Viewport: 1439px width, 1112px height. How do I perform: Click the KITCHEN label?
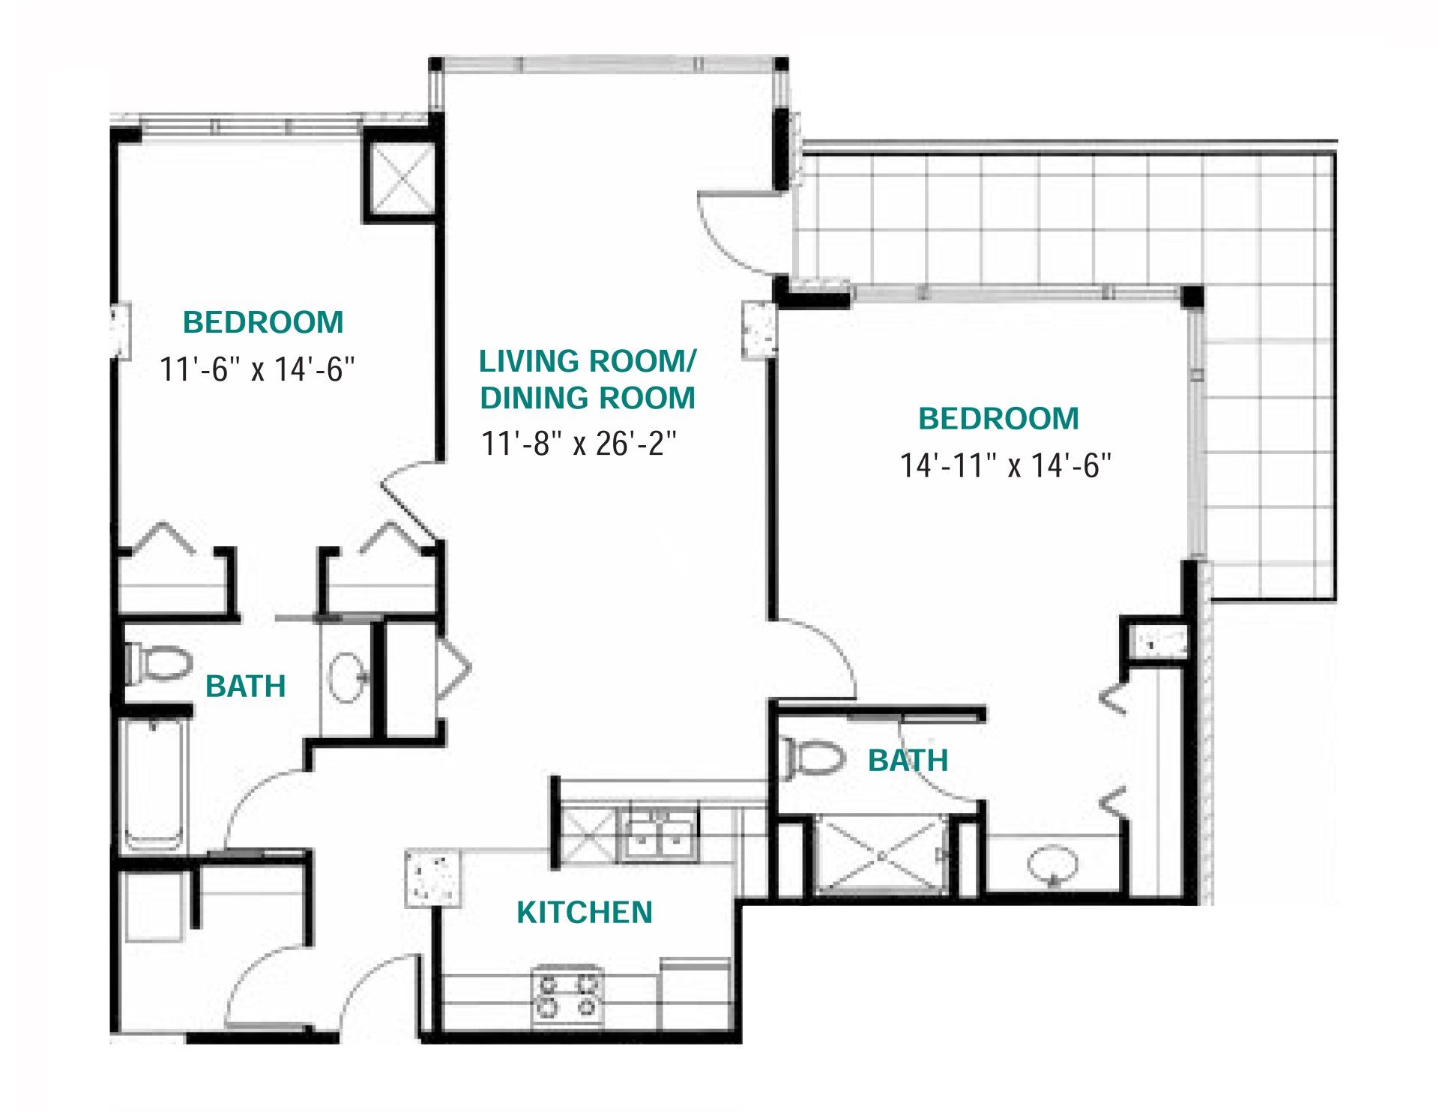click(x=585, y=912)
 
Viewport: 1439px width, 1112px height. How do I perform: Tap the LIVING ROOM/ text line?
click(x=588, y=361)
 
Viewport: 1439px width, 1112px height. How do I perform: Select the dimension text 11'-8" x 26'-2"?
click(x=579, y=444)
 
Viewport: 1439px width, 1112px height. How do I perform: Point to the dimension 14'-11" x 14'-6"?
click(x=1005, y=465)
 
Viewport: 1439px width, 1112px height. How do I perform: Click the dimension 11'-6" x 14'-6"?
click(x=257, y=369)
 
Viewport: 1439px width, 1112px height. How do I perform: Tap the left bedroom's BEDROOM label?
click(x=263, y=322)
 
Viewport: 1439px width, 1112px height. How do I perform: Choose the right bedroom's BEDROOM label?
click(x=999, y=418)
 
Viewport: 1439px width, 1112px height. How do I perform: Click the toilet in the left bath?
click(x=157, y=664)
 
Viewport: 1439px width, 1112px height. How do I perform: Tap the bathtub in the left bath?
click(x=154, y=784)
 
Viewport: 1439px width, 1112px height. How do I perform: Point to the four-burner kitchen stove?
click(x=567, y=995)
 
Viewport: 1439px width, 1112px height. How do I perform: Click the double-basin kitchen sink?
click(x=659, y=835)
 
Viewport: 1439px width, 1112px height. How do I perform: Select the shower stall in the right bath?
click(x=881, y=855)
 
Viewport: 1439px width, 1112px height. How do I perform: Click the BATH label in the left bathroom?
click(x=246, y=686)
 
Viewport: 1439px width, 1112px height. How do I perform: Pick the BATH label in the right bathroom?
click(x=908, y=761)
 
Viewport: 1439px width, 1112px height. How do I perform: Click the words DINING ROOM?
click(x=588, y=398)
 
